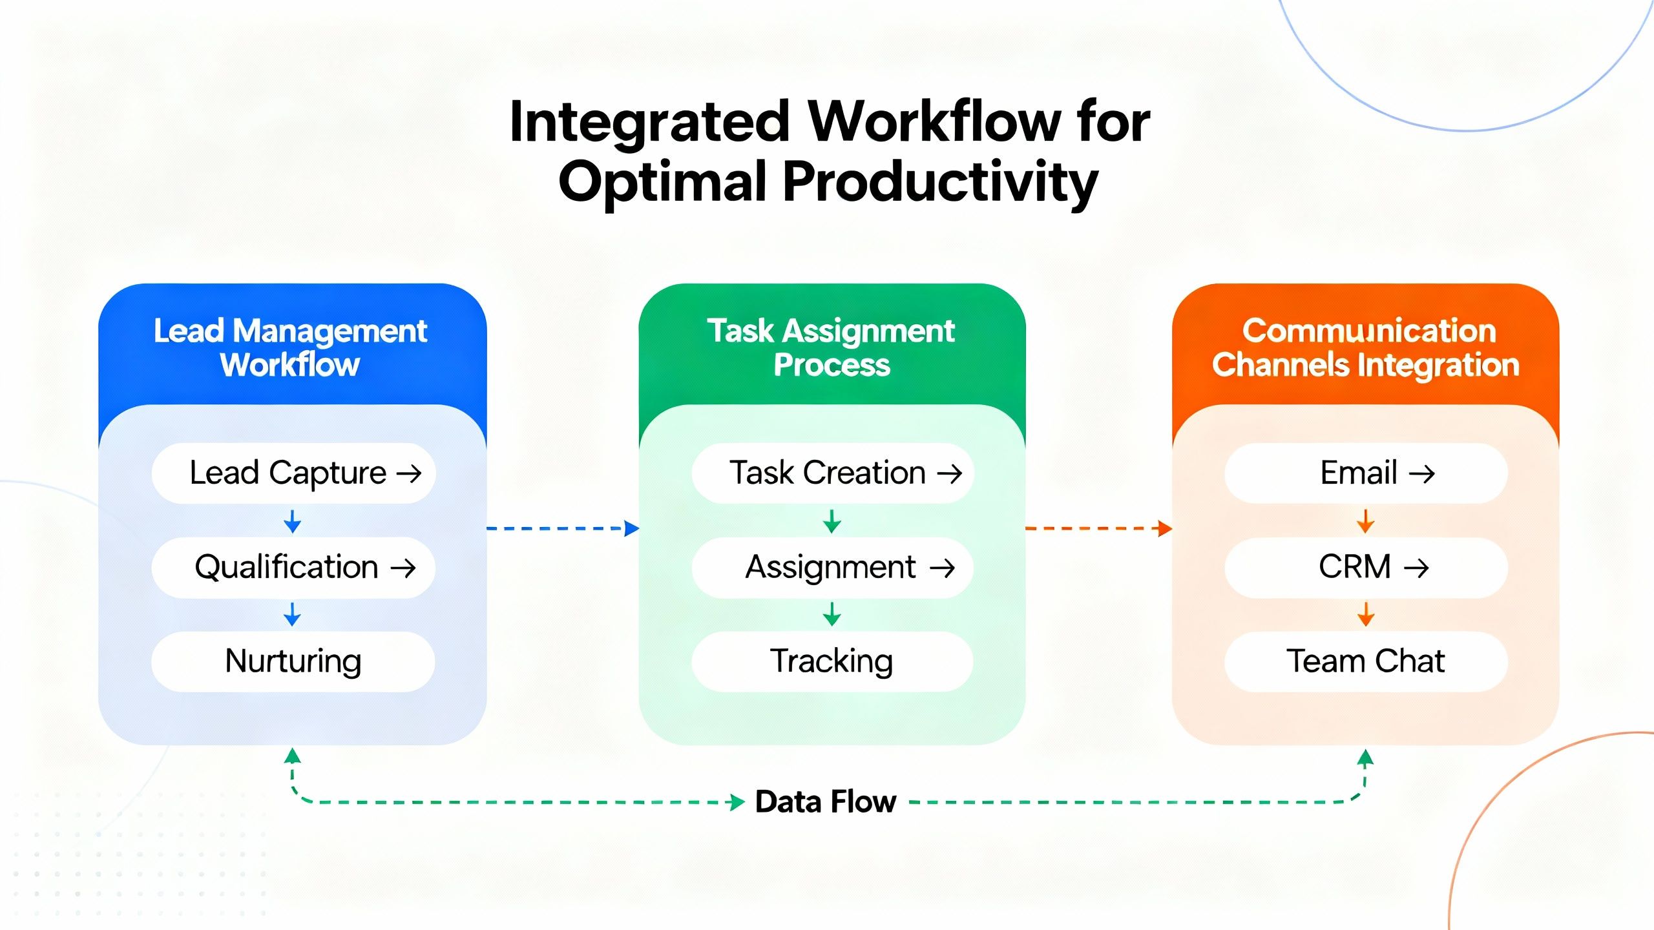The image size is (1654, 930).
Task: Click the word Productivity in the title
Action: point(940,183)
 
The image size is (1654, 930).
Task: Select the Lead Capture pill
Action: point(293,473)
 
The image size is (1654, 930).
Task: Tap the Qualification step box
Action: point(293,568)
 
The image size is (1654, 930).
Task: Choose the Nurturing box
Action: point(293,661)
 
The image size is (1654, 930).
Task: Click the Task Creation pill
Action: point(832,473)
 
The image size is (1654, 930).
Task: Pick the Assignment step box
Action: point(832,568)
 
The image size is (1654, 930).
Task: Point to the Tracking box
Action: point(832,661)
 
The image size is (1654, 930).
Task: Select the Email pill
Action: point(1366,473)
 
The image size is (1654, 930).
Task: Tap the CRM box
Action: point(1366,568)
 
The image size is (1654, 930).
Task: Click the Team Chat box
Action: point(1366,661)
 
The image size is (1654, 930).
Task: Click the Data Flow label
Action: point(825,802)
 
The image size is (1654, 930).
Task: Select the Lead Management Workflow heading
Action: point(291,347)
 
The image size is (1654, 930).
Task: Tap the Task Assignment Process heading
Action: point(832,347)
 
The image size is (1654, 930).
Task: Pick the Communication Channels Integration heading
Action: point(1366,347)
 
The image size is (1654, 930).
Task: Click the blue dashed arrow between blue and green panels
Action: point(562,528)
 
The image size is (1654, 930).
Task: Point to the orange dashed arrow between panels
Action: point(1098,528)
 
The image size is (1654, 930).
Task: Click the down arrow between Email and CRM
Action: point(1365,521)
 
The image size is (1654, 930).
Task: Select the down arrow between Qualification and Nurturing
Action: point(292,614)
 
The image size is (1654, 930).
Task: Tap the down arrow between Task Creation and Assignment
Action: point(832,521)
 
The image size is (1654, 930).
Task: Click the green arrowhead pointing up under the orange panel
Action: point(1365,758)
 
